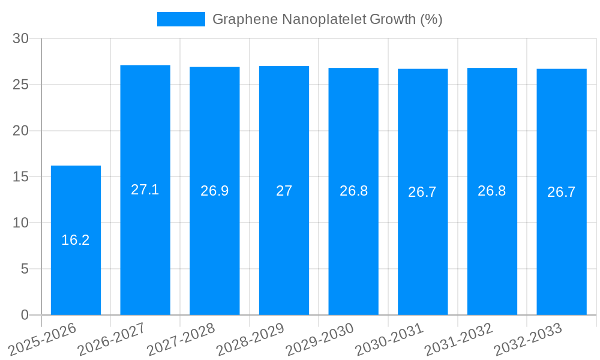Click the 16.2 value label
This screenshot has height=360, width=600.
tap(76, 240)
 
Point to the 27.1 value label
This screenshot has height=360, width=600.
tap(145, 190)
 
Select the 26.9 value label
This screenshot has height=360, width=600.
tap(214, 191)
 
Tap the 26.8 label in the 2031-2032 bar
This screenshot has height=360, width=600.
tap(492, 191)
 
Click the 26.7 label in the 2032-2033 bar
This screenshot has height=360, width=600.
tap(562, 192)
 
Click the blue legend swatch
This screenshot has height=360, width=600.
tap(181, 19)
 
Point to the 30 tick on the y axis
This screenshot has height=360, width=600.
tap(21, 38)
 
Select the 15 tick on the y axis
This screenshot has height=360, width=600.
tap(21, 177)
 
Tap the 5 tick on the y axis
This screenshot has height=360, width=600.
tap(25, 269)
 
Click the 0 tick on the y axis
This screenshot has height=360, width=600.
tap(25, 315)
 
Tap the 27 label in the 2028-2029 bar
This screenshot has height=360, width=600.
tap(284, 191)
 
